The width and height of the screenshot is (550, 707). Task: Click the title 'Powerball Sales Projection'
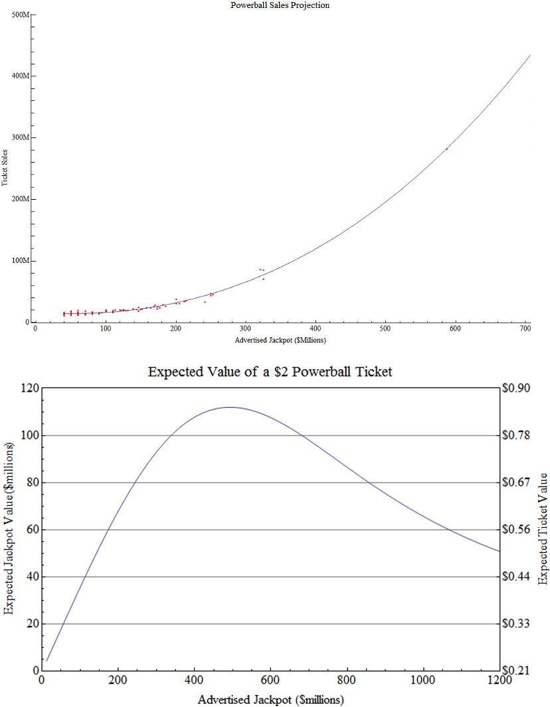(x=280, y=5)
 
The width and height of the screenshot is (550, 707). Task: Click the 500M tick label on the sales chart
(x=21, y=14)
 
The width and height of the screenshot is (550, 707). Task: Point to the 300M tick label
(x=21, y=137)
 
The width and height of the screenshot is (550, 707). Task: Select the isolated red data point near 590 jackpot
(x=446, y=149)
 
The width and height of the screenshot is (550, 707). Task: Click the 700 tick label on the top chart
(x=525, y=329)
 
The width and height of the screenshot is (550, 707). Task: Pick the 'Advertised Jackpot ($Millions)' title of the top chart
(x=280, y=340)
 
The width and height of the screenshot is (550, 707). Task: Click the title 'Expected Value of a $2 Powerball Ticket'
(x=270, y=372)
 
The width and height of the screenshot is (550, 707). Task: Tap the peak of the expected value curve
(x=230, y=407)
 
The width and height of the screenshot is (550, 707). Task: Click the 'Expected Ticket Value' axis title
(x=543, y=529)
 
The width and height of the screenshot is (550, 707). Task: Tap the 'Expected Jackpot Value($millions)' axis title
(x=9, y=529)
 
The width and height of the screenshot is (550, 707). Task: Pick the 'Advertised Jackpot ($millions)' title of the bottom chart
(x=270, y=700)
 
